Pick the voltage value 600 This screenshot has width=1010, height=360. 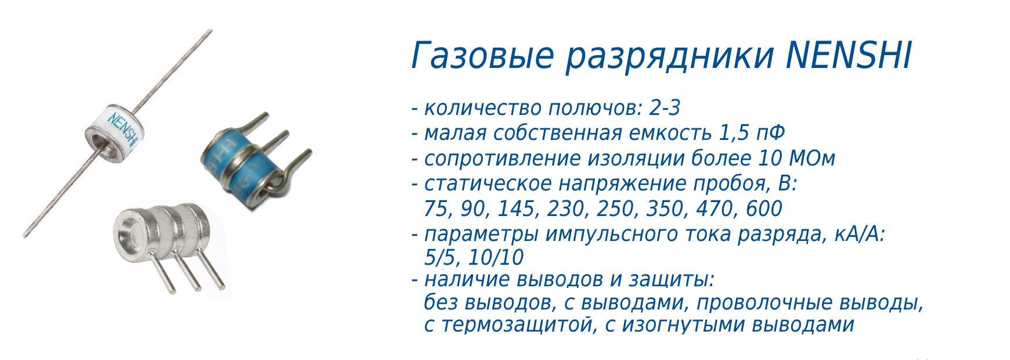point(765,208)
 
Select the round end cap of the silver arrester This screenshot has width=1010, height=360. point(129,231)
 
